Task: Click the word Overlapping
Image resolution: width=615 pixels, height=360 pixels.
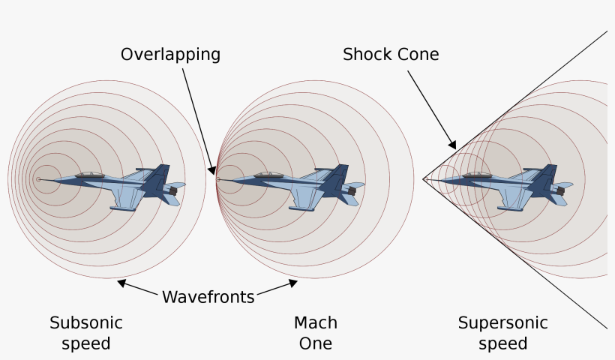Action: click(x=170, y=55)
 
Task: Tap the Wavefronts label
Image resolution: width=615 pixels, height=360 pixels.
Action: click(x=208, y=297)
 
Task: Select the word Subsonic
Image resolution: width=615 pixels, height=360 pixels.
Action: click(x=85, y=323)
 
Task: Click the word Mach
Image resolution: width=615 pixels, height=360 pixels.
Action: click(x=315, y=323)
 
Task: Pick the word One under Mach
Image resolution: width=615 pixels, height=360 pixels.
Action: click(x=315, y=343)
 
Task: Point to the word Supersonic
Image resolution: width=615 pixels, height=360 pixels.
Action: click(x=502, y=323)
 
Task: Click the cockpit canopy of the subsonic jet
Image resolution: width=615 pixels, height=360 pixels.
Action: click(x=91, y=175)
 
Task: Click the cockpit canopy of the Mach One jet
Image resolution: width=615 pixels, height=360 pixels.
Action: click(x=268, y=175)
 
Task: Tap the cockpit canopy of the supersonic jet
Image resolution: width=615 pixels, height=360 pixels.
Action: click(x=477, y=175)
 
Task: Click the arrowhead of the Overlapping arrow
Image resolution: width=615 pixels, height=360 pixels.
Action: click(x=214, y=172)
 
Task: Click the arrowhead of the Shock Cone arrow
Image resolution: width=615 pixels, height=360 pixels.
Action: click(x=453, y=145)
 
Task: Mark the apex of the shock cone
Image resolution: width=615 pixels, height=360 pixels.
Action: click(x=424, y=179)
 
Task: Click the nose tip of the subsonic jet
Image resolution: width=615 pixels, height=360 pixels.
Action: click(x=40, y=179)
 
